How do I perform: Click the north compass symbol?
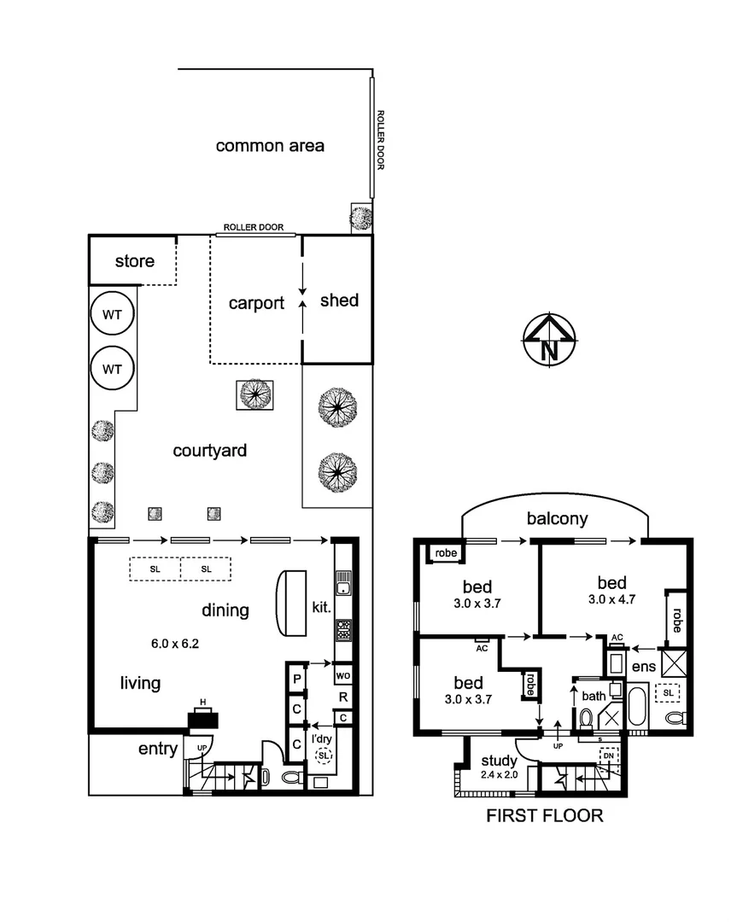(x=550, y=340)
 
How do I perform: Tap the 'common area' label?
(x=270, y=146)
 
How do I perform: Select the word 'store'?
(x=135, y=260)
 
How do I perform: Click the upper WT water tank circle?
(x=113, y=314)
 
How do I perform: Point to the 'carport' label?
(x=256, y=303)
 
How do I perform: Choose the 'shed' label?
(x=339, y=301)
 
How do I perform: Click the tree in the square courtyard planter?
(x=254, y=394)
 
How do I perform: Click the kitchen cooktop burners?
(x=342, y=630)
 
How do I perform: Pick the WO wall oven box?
(x=342, y=676)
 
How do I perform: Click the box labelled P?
(x=296, y=679)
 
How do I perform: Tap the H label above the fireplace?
(x=202, y=703)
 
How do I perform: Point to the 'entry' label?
(x=158, y=750)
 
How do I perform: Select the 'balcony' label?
(x=557, y=518)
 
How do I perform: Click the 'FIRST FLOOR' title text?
(x=545, y=815)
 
